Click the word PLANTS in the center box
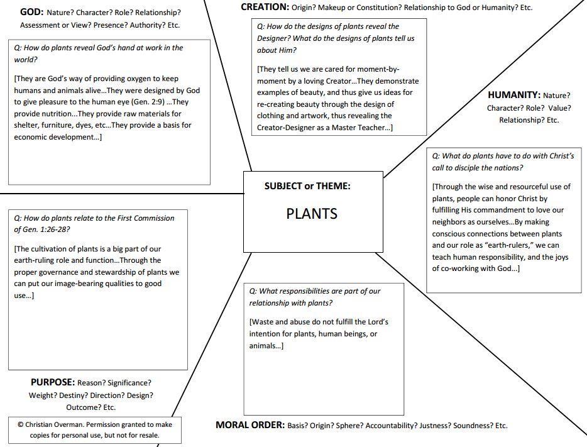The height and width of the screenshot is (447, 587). [x=312, y=214]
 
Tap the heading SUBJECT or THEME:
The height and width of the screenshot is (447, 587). [x=307, y=186]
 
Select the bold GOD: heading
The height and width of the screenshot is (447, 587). [x=31, y=12]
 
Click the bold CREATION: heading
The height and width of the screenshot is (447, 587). [x=265, y=7]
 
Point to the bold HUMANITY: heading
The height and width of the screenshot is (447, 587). [x=514, y=95]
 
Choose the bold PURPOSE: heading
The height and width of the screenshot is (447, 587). [x=53, y=382]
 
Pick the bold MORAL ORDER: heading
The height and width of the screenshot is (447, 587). [x=250, y=425]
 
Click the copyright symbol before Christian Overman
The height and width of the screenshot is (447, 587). [x=21, y=424]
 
